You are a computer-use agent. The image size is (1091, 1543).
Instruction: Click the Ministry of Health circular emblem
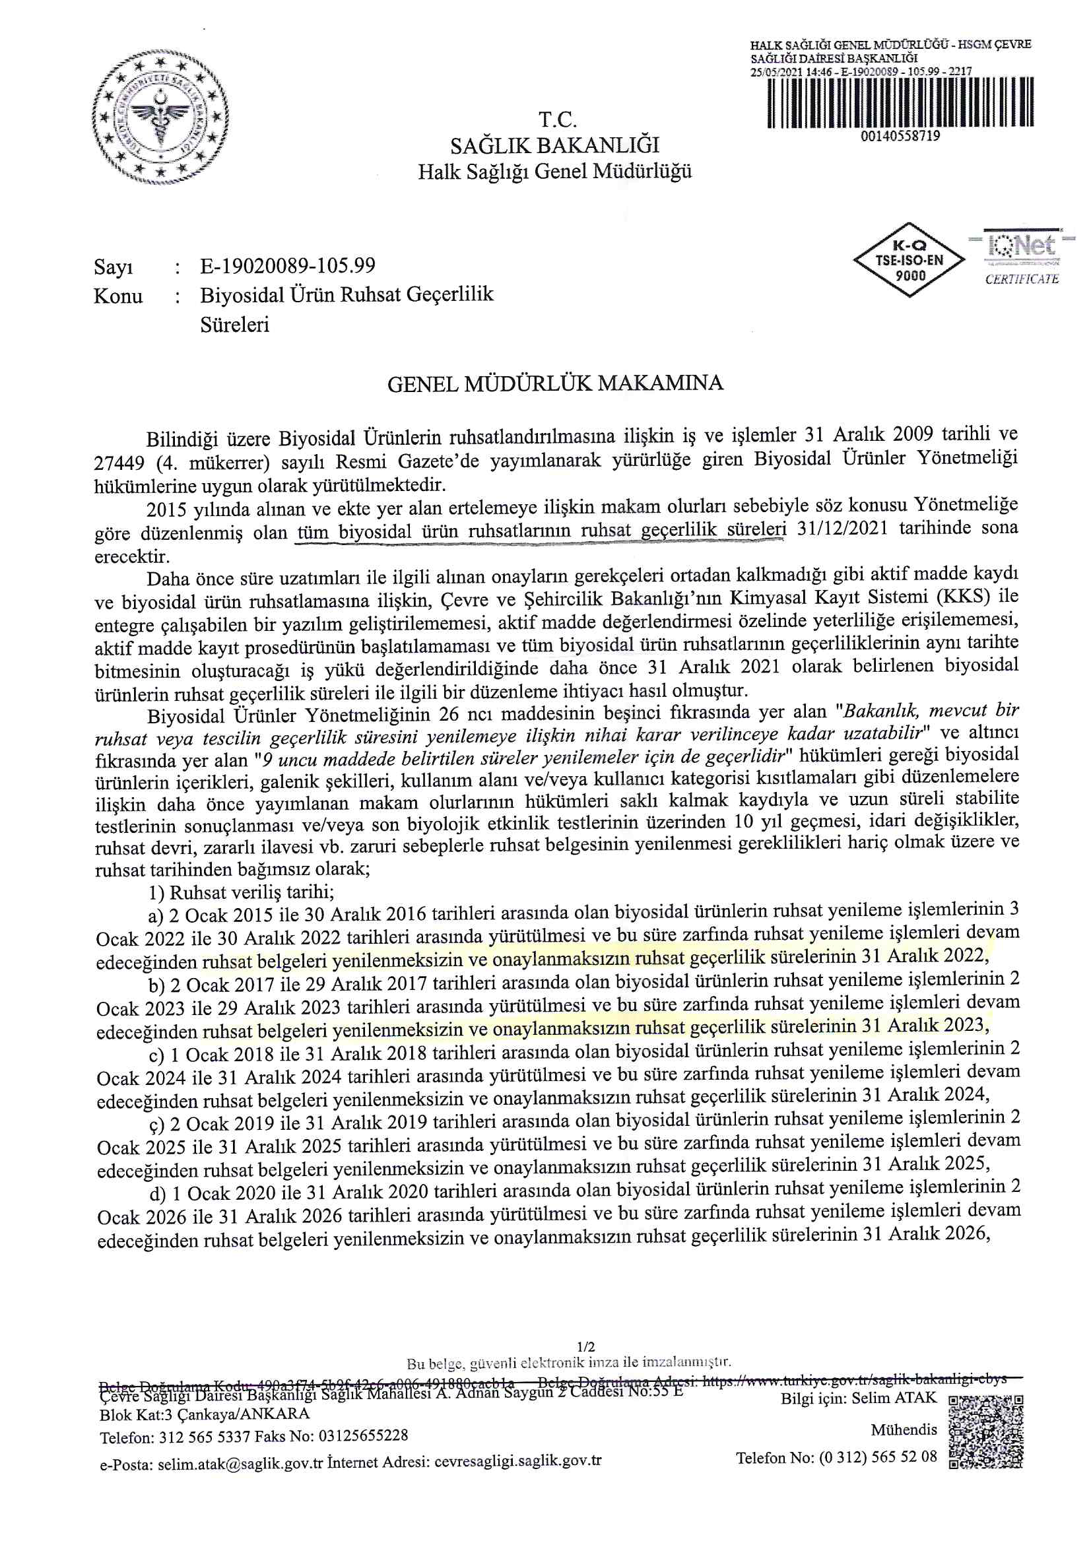coord(160,117)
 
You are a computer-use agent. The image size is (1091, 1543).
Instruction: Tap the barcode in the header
coord(900,102)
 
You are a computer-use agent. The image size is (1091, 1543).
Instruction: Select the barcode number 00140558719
coord(900,137)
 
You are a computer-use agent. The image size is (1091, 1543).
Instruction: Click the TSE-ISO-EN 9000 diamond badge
coord(909,260)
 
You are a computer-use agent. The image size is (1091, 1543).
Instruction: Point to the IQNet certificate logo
coord(1021,257)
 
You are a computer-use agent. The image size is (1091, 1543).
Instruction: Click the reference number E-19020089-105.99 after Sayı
coord(287,266)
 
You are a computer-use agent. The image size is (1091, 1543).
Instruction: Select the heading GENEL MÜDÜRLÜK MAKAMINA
coord(555,383)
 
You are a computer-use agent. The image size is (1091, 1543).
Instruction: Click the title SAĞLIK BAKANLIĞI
coord(554,145)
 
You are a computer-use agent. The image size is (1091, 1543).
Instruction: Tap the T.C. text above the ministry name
coord(557,119)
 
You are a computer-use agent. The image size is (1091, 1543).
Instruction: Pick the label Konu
coord(118,296)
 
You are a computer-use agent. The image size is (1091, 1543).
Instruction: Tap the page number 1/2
coord(585,1347)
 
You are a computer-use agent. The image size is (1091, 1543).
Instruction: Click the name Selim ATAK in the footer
coord(894,1398)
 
